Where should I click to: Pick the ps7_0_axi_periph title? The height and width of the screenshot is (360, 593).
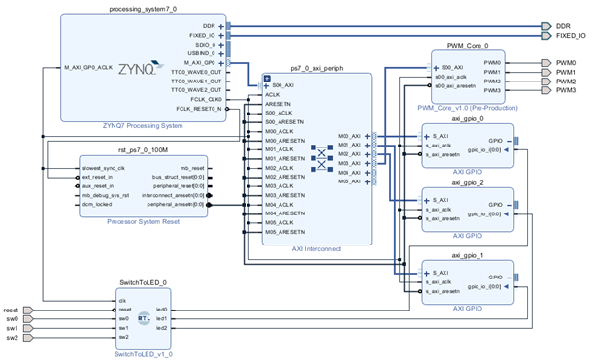[x=316, y=72]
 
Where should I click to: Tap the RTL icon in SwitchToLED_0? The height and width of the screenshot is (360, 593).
[x=144, y=317]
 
